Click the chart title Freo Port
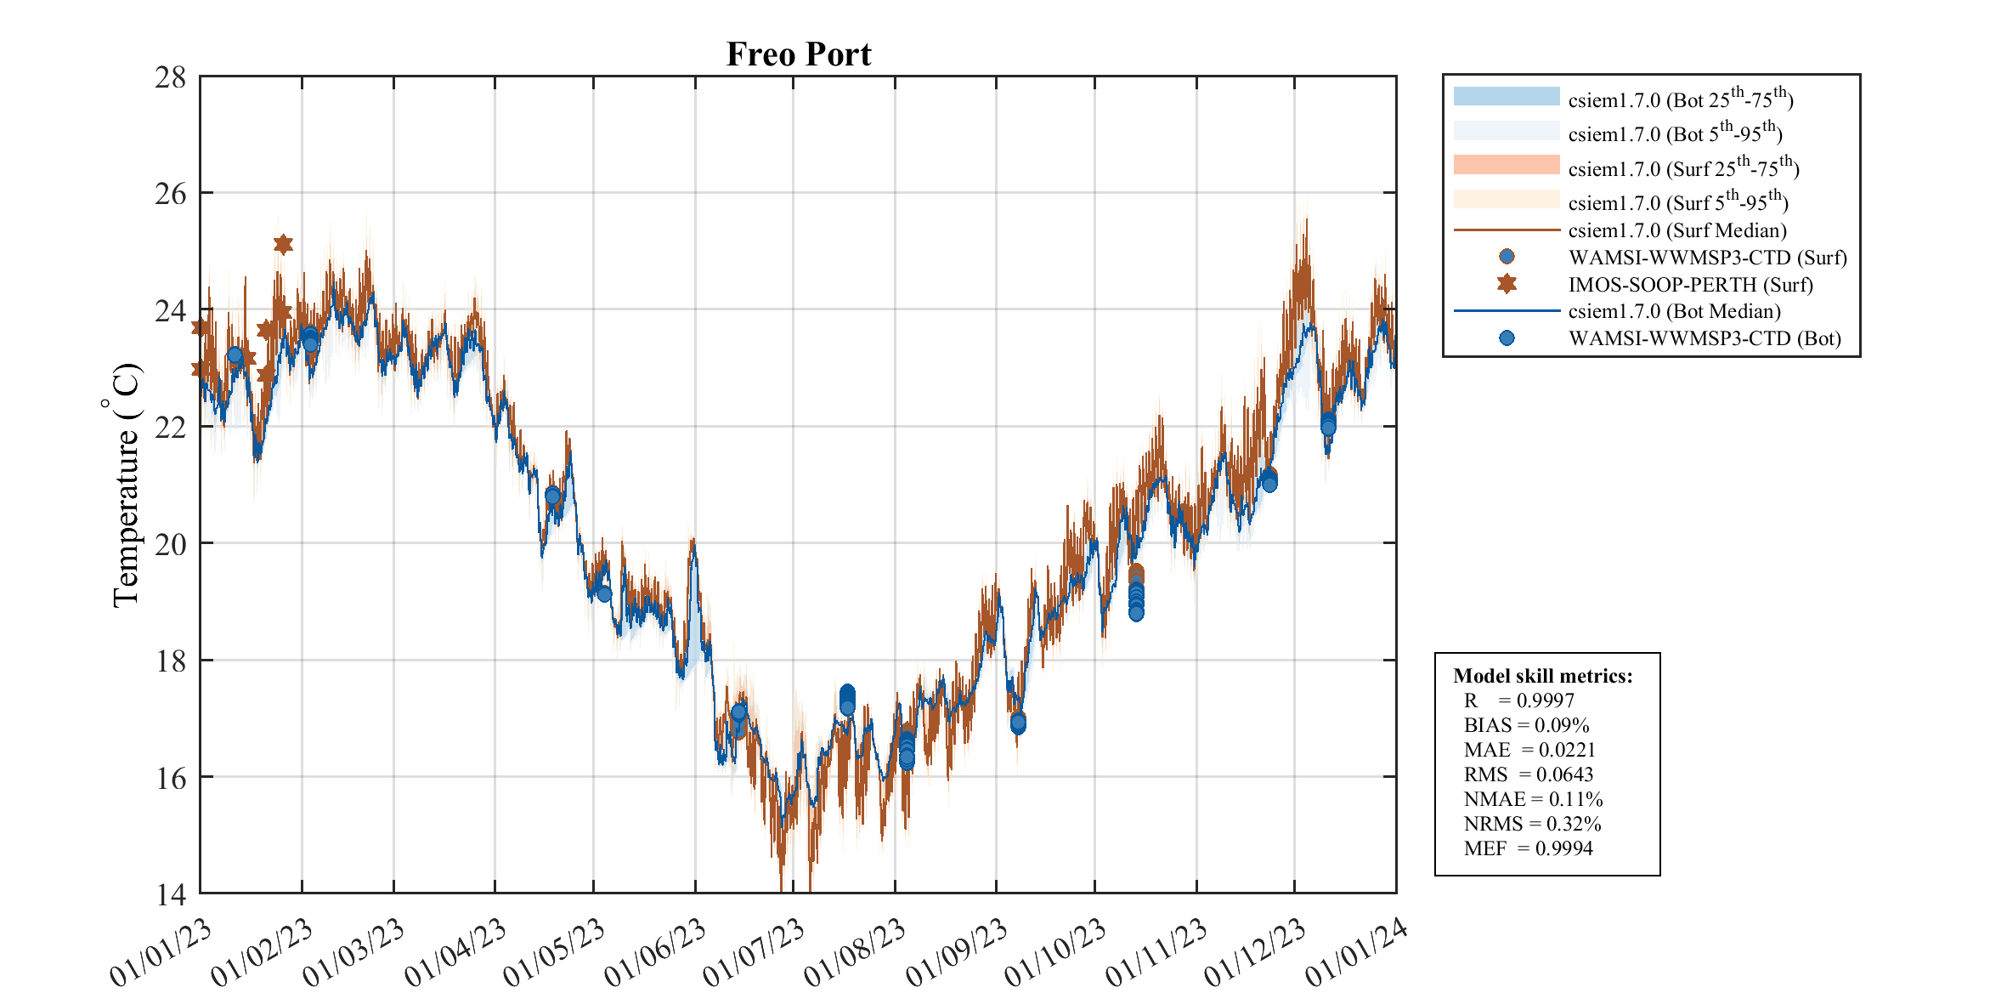(x=798, y=54)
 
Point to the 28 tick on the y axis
(x=170, y=77)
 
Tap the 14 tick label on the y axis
(x=170, y=893)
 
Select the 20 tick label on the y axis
(x=170, y=544)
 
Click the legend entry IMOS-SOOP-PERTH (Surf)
(x=1690, y=285)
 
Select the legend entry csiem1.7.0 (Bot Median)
(x=1674, y=311)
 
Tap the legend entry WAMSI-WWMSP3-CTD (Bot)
(x=1705, y=338)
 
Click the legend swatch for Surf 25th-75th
(x=1507, y=165)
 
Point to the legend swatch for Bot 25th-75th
(x=1507, y=96)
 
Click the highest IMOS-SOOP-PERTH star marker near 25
(x=283, y=245)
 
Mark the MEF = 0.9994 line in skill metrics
(x=1528, y=848)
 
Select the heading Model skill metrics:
(x=1542, y=676)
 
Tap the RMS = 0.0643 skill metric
(x=1528, y=774)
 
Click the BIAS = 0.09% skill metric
(x=1526, y=725)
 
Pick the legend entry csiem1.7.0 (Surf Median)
(x=1677, y=230)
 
